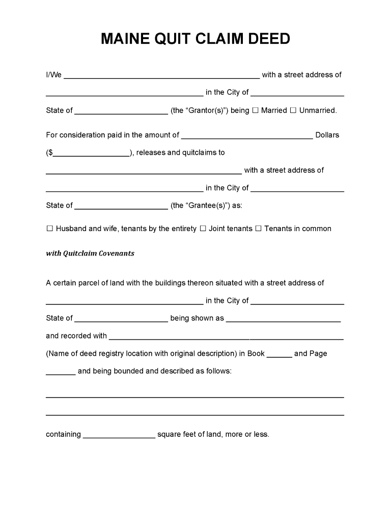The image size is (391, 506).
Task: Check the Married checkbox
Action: pos(256,110)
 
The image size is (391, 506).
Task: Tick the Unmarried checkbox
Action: pos(293,110)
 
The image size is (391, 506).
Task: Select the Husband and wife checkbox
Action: pos(49,229)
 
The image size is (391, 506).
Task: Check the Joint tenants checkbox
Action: pos(203,229)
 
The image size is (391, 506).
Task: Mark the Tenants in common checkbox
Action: pos(258,229)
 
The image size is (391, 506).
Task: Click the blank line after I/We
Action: pos(161,76)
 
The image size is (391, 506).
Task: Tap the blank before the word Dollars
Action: pos(247,136)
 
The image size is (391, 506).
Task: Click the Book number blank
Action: pos(279,354)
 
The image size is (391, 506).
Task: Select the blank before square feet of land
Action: pos(119,435)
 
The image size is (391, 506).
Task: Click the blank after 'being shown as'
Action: pos(283,319)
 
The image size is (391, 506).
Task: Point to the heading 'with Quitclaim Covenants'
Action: pos(90,254)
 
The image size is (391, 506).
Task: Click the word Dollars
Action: pos(327,135)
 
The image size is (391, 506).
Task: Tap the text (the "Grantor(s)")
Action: pos(200,110)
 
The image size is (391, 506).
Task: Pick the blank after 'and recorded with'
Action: pos(226,336)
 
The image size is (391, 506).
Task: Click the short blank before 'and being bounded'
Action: pos(61,372)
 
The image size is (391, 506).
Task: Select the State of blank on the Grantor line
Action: pos(121,111)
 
